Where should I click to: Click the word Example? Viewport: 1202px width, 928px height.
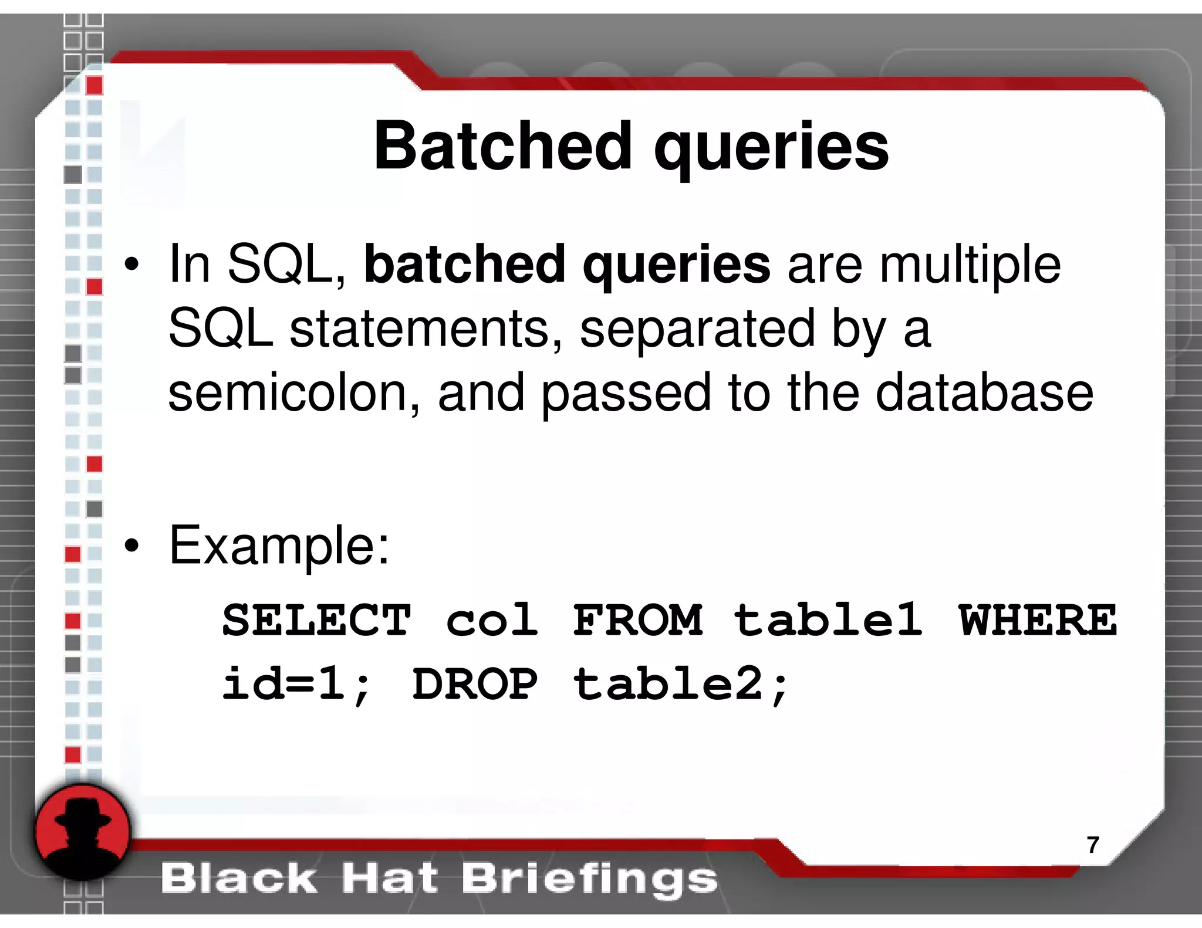pos(279,546)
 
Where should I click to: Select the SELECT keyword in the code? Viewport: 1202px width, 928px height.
pos(316,620)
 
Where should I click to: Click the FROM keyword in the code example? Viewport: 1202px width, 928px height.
pos(638,620)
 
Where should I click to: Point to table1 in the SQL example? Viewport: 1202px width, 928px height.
pos(828,620)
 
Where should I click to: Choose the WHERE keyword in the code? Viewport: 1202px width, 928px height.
pos(1038,620)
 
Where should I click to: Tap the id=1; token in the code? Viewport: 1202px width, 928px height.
pos(296,684)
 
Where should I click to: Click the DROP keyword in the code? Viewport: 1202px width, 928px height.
pos(475,684)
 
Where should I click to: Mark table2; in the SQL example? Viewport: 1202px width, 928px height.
pos(681,684)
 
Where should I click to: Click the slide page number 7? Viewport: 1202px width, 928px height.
pos(1092,845)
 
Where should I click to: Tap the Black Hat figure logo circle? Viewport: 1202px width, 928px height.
pos(82,832)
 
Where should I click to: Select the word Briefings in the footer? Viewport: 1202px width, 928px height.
pos(589,879)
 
